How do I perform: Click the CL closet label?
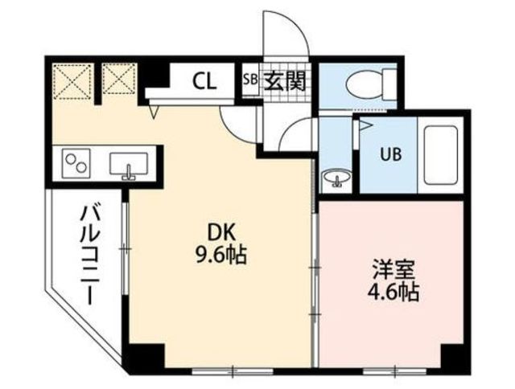pos(204,80)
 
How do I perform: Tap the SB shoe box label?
pos(249,80)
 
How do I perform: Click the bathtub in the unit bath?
pos(439,154)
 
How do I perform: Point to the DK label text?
pos(222,232)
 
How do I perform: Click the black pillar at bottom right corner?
pos(455,358)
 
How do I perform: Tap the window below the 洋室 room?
pos(398,368)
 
